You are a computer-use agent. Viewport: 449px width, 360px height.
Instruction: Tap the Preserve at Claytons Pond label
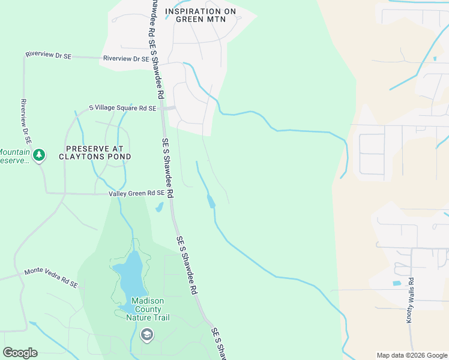95,152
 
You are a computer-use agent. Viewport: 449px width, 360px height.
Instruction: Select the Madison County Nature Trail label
148,309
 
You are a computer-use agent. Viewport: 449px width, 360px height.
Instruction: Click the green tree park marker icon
39,155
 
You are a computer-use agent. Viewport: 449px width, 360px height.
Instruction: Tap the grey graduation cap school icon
146,334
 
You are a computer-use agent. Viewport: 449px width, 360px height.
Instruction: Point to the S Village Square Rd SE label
122,108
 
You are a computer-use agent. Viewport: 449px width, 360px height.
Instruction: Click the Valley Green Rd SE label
136,193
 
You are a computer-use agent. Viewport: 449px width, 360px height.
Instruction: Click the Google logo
20,353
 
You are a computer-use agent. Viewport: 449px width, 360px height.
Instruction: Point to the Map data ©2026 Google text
411,355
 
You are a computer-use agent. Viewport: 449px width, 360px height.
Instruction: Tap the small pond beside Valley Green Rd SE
159,208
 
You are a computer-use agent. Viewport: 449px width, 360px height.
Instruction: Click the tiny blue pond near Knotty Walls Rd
396,283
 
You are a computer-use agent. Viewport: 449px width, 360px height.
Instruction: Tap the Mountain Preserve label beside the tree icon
14,156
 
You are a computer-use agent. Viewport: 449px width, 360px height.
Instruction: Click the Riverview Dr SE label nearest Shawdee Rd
126,59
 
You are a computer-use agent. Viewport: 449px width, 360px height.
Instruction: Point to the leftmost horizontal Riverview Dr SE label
49,55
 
